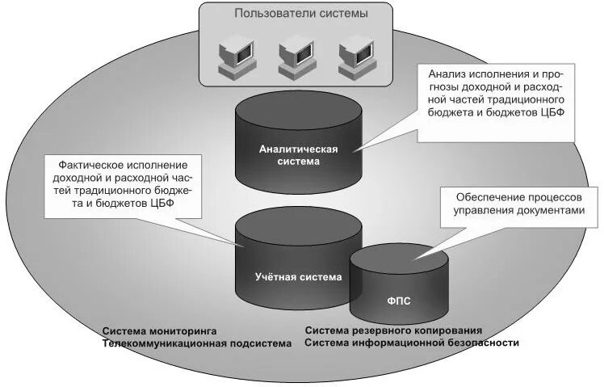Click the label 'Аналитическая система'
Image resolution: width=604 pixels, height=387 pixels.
point(298,154)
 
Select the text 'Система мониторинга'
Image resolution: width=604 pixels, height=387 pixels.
point(160,331)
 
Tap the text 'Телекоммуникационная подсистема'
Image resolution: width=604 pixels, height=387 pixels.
point(197,343)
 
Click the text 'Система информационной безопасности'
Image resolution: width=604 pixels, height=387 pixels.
point(412,343)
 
